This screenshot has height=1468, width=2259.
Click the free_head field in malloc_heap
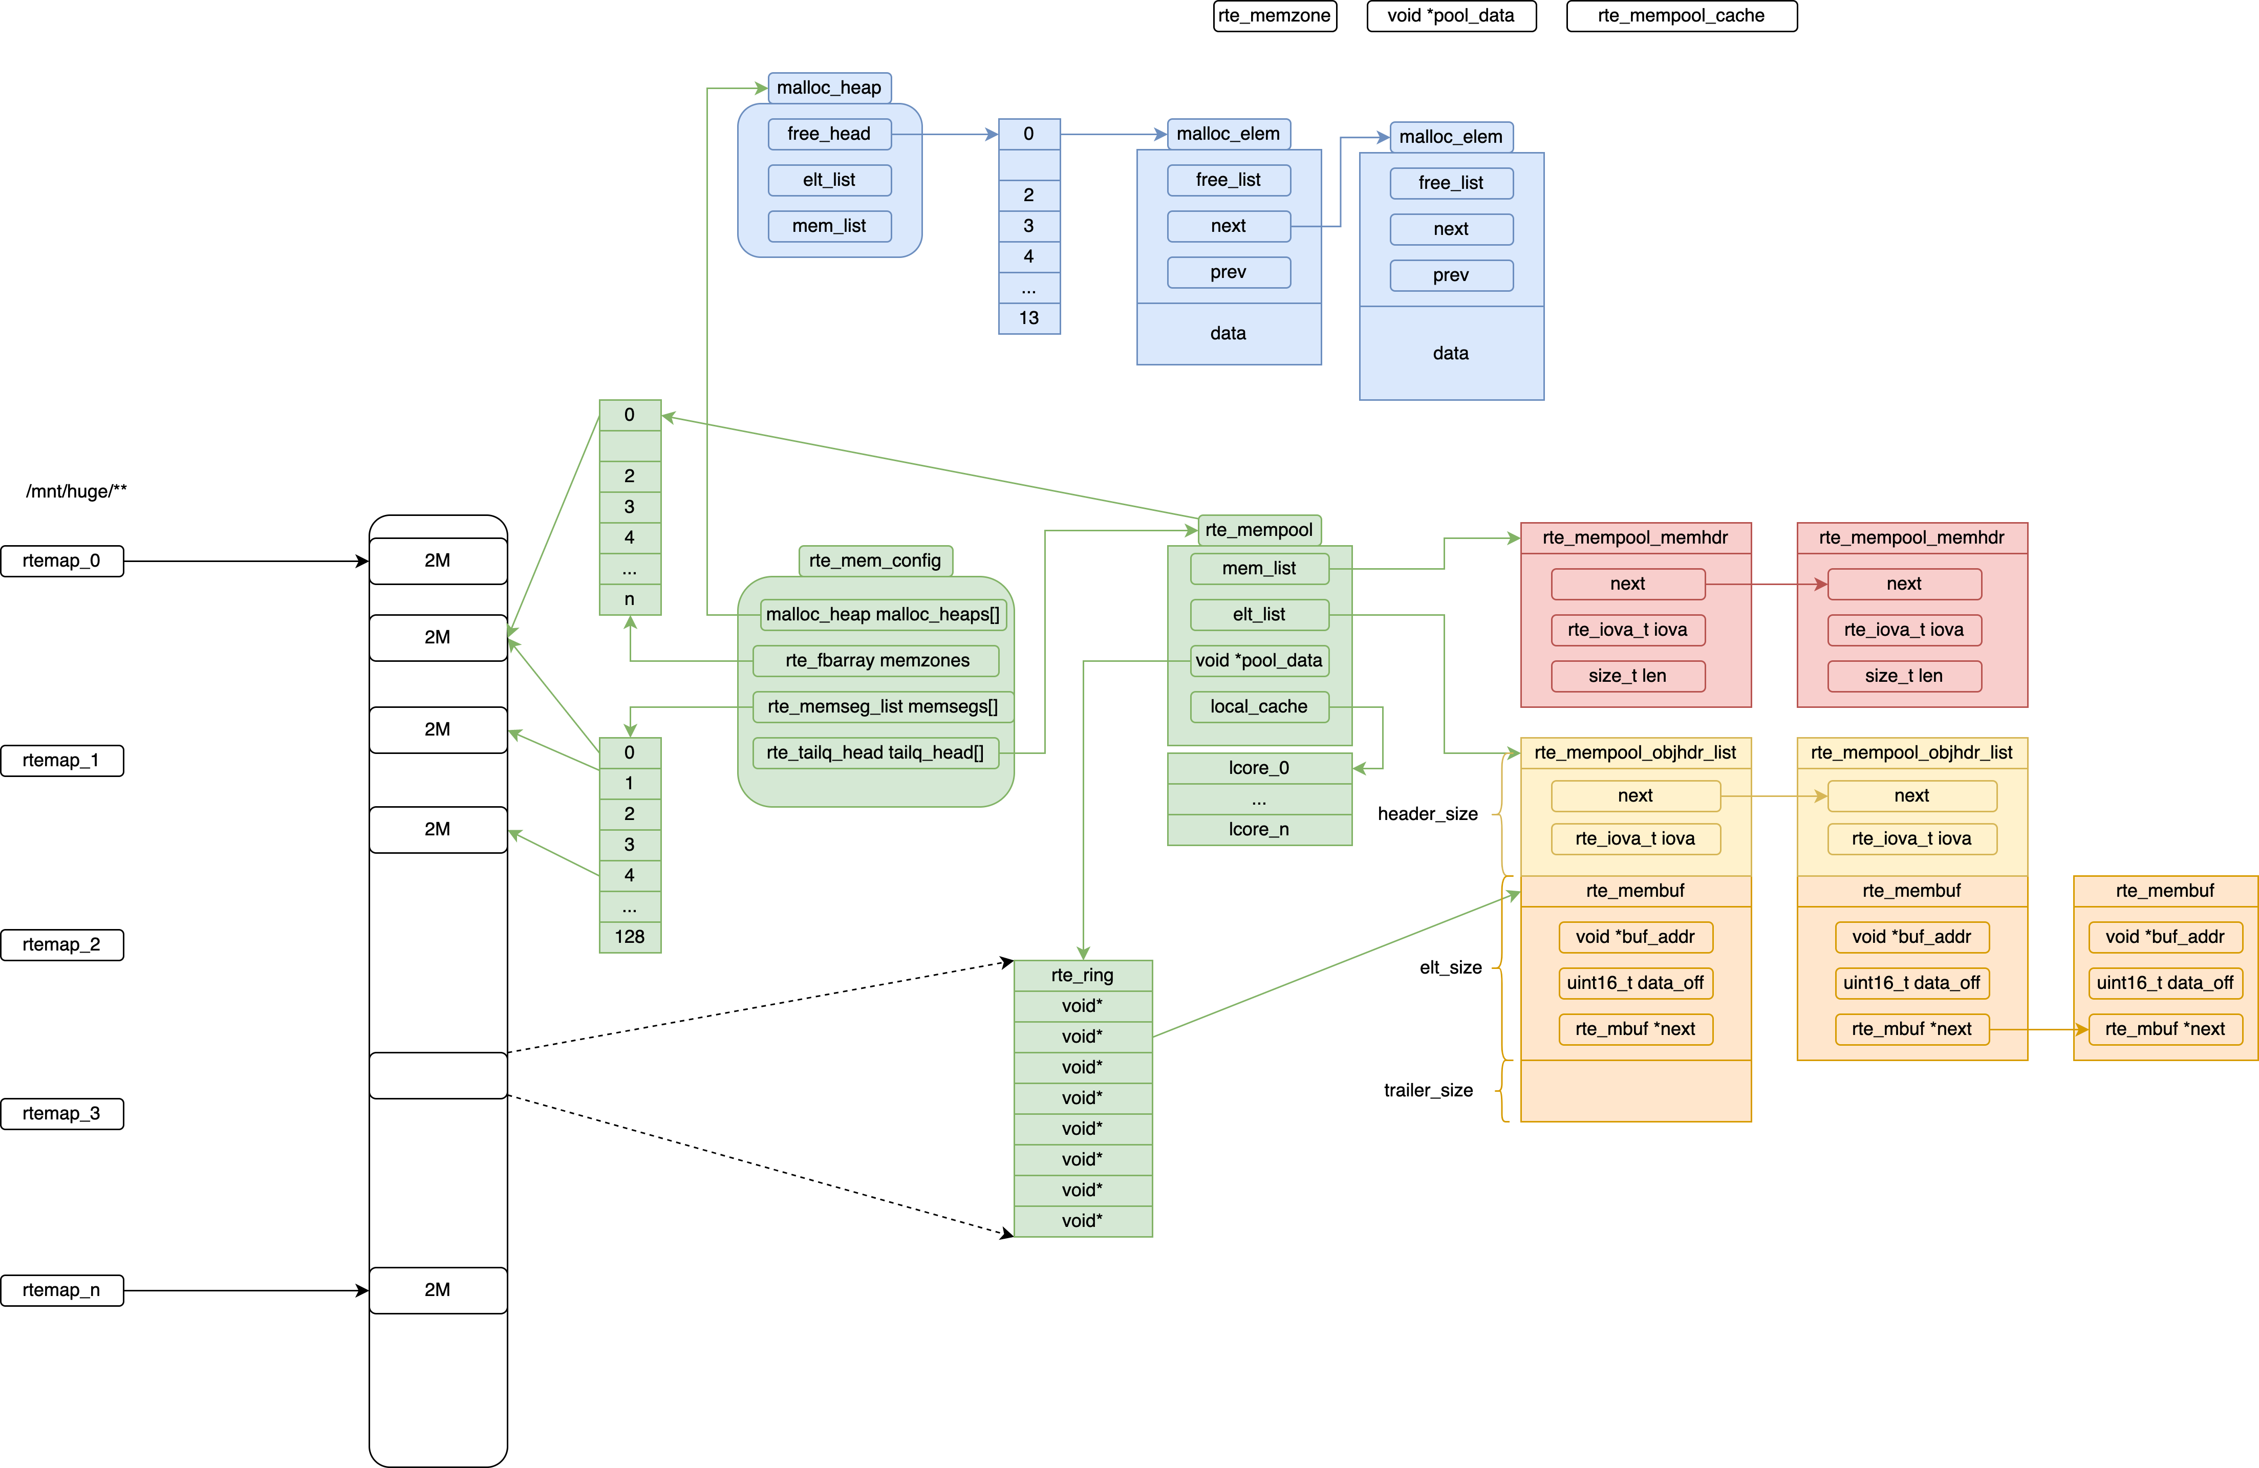coord(829,134)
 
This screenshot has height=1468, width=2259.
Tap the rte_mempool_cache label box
coord(1681,15)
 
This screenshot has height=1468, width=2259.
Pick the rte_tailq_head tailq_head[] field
coord(875,752)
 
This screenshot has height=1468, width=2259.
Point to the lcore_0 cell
coord(1259,768)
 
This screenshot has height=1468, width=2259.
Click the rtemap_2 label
coord(62,944)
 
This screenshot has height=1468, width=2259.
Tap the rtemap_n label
coord(62,1289)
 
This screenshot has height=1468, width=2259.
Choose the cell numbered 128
coord(629,937)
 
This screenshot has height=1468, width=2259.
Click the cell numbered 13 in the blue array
coord(1029,318)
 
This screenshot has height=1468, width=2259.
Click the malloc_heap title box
coord(829,88)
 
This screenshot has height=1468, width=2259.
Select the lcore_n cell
coord(1259,829)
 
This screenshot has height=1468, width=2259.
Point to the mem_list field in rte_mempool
coord(1259,568)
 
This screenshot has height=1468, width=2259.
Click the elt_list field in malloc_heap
coord(829,179)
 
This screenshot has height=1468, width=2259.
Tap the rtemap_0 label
coord(62,560)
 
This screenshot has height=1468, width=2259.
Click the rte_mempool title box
coord(1259,529)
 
